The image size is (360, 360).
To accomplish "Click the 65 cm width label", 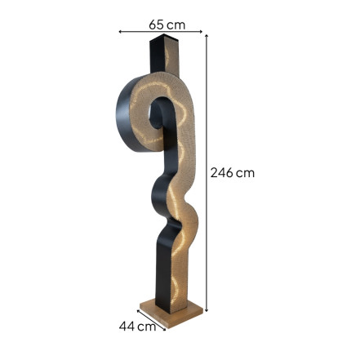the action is pos(167,25).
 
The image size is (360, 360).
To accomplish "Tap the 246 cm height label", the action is pos(233,173).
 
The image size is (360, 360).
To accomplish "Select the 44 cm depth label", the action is pos(137,326).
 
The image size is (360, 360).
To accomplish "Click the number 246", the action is pos(221,173).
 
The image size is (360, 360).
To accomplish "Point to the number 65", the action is pos(156,25).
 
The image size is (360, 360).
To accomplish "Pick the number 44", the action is pos(127,326).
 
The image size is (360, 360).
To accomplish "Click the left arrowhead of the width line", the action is pos(120,32).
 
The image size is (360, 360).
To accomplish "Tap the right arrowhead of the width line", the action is pos(201,32).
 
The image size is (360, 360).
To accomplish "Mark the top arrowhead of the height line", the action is pos(207,36).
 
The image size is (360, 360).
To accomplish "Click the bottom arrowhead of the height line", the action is pos(207,310).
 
